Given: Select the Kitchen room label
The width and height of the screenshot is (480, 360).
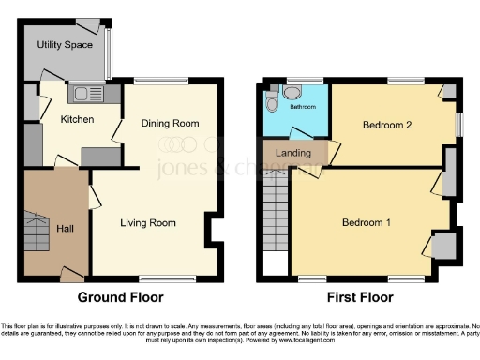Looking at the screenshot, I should [x=77, y=119].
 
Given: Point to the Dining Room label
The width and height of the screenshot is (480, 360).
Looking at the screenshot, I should [x=171, y=123].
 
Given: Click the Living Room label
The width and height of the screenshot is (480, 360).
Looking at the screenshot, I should [x=148, y=223].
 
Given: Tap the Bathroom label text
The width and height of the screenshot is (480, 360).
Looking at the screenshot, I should [x=302, y=107].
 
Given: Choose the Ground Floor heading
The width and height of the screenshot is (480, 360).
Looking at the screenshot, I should [x=114, y=298].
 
